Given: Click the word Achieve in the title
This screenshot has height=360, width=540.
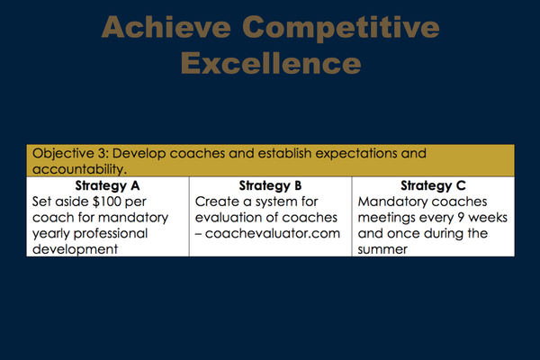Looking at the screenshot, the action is pos(166,27).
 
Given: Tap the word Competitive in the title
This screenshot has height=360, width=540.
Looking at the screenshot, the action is pos(340,29).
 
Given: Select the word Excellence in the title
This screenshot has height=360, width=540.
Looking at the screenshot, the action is pos(271,63).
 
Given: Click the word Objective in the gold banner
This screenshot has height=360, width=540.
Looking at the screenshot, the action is pos(63,154).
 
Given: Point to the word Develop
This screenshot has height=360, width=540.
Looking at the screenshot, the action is pos(139,154).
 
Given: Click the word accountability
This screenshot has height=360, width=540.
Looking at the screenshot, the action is pos(79,169).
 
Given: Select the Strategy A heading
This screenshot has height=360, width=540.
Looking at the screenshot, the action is pos(107,186).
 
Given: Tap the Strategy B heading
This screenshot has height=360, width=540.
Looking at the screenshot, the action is pos(270,186).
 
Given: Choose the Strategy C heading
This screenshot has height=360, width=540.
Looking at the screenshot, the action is pos(433,186).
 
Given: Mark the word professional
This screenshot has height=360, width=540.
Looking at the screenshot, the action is pos(111,234).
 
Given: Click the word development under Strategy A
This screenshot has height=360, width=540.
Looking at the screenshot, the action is pos(75,249).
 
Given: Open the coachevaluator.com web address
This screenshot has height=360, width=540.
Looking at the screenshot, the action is pos(273,234).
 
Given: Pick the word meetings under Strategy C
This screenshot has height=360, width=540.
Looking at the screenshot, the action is pos(387,218).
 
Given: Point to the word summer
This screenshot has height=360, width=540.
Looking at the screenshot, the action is pos(382,249).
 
